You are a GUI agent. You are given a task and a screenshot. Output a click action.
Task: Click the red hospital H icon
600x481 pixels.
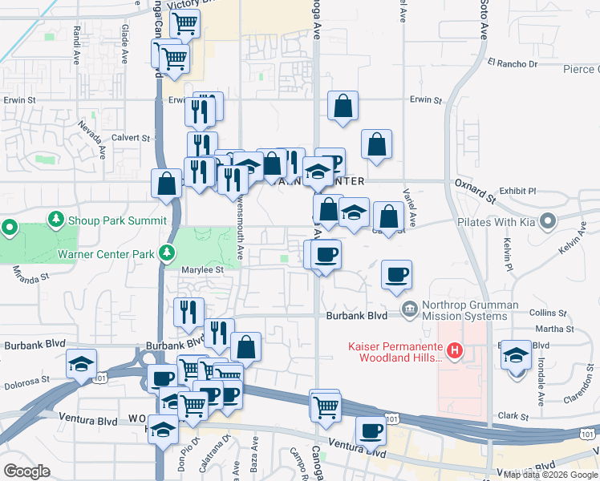(x=455, y=350)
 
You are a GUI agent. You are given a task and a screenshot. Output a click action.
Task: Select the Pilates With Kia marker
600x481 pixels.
(x=549, y=220)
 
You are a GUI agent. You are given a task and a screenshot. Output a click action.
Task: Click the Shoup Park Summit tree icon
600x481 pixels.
(x=55, y=219)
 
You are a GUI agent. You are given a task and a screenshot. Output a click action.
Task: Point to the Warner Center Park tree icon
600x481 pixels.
(x=167, y=254)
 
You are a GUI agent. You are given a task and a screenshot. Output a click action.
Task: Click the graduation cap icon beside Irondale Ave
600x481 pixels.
(x=516, y=354)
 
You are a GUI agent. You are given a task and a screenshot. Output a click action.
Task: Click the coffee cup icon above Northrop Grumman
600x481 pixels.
(x=397, y=275)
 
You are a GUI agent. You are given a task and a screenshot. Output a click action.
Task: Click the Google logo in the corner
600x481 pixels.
(x=27, y=471)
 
